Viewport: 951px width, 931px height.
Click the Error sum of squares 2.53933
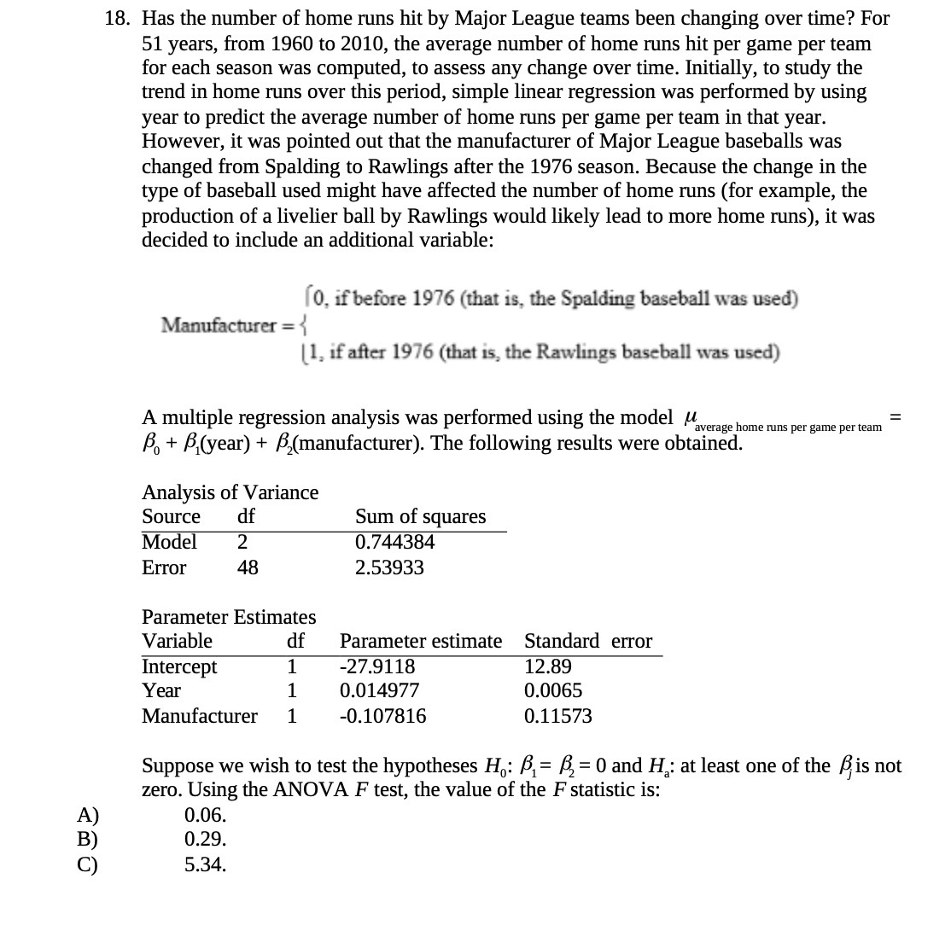coord(389,567)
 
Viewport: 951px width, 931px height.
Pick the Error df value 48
coord(248,567)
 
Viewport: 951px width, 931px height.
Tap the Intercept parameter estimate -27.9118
coord(377,666)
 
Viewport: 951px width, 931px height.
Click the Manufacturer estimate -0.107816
coord(382,716)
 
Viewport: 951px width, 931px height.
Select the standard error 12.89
coord(548,666)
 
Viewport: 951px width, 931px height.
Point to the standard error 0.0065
coord(553,690)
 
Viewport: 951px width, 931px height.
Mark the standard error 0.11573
coord(557,716)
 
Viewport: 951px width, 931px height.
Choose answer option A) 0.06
coord(205,815)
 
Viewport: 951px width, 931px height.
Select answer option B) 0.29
coord(205,840)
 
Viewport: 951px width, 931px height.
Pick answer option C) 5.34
coord(205,864)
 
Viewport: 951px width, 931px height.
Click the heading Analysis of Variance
coord(230,492)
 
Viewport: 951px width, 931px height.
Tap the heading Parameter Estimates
coord(229,616)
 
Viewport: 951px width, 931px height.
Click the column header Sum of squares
coord(420,516)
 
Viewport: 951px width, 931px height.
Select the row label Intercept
coord(179,666)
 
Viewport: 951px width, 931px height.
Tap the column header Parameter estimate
coord(421,641)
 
